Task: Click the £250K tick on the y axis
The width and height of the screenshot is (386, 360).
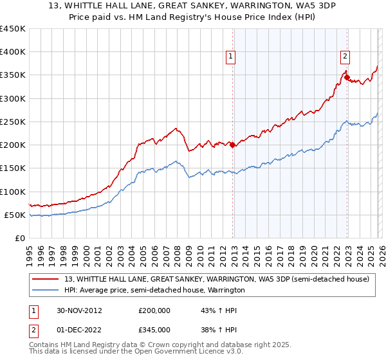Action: [x=12, y=122]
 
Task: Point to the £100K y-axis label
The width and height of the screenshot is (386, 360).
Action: [x=12, y=192]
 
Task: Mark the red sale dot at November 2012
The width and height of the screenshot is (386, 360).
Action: [x=232, y=145]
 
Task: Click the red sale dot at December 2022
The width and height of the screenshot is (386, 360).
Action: [x=347, y=78]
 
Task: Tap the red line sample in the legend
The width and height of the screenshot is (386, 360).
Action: [x=46, y=279]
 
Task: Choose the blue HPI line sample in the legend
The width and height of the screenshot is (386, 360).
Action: [x=46, y=290]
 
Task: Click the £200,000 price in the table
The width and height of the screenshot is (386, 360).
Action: [x=154, y=310]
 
